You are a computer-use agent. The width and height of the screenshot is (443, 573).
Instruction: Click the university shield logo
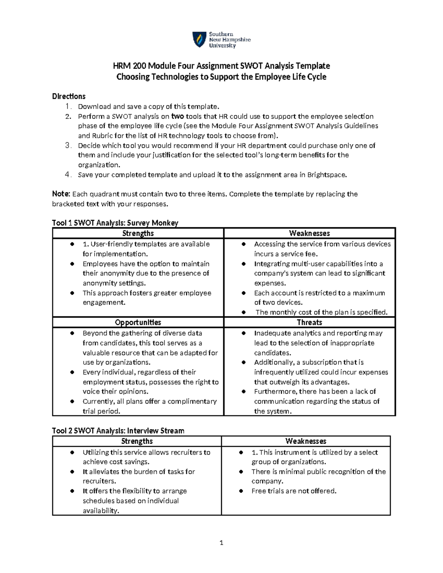tap(199, 39)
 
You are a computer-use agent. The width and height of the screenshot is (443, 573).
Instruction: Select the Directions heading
tap(69, 96)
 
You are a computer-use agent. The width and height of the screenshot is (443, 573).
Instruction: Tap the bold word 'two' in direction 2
tap(178, 116)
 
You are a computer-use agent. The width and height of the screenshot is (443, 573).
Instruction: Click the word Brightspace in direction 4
tap(326, 175)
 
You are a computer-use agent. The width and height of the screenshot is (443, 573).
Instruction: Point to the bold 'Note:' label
tap(61, 194)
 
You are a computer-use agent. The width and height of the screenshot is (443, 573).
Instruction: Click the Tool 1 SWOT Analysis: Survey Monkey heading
tap(115, 223)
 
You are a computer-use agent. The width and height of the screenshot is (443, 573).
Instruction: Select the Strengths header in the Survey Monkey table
tap(138, 233)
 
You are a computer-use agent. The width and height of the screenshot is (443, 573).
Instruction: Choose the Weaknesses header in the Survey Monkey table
tap(309, 233)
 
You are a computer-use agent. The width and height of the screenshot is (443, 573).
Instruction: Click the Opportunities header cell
tap(138, 322)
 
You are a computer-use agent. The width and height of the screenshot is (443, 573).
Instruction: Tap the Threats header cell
tap(309, 322)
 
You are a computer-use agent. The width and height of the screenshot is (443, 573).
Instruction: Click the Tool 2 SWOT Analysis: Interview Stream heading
tap(118, 431)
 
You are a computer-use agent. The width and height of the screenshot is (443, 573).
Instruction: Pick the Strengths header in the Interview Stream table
tap(137, 441)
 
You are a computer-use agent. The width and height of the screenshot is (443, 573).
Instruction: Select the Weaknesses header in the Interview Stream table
tap(306, 441)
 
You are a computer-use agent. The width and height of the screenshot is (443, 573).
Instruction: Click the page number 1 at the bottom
tap(221, 542)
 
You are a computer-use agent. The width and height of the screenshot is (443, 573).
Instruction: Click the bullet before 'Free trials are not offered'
tap(241, 491)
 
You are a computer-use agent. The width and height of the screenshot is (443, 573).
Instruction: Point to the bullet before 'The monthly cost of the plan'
tap(244, 313)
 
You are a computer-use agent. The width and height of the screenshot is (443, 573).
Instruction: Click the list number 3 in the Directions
tap(68, 145)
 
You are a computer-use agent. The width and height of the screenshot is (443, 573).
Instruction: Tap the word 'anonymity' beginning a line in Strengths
tap(97, 283)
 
